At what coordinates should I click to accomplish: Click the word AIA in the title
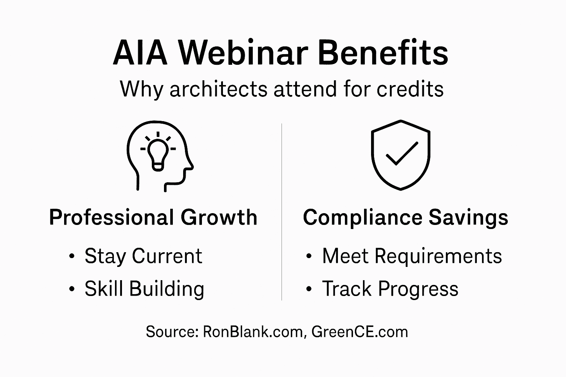(140, 53)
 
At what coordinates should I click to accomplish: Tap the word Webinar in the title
(244, 53)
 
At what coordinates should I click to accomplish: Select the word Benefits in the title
(382, 53)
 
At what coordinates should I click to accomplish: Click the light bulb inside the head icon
(158, 153)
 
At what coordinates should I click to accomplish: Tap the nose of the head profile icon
(191, 167)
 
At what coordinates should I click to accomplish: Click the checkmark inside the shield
(401, 154)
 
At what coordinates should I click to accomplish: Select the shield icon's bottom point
(401, 189)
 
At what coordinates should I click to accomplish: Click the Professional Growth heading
(153, 217)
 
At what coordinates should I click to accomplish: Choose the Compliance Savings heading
(405, 217)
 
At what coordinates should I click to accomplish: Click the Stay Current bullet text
(143, 256)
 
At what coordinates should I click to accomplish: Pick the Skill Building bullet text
(144, 288)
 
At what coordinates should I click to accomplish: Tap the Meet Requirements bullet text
(412, 256)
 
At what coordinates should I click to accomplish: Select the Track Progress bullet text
(390, 288)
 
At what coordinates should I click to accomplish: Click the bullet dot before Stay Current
(71, 257)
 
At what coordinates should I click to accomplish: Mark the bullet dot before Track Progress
(309, 289)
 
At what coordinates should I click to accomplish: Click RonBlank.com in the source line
(253, 332)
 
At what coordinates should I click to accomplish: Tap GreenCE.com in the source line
(360, 332)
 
